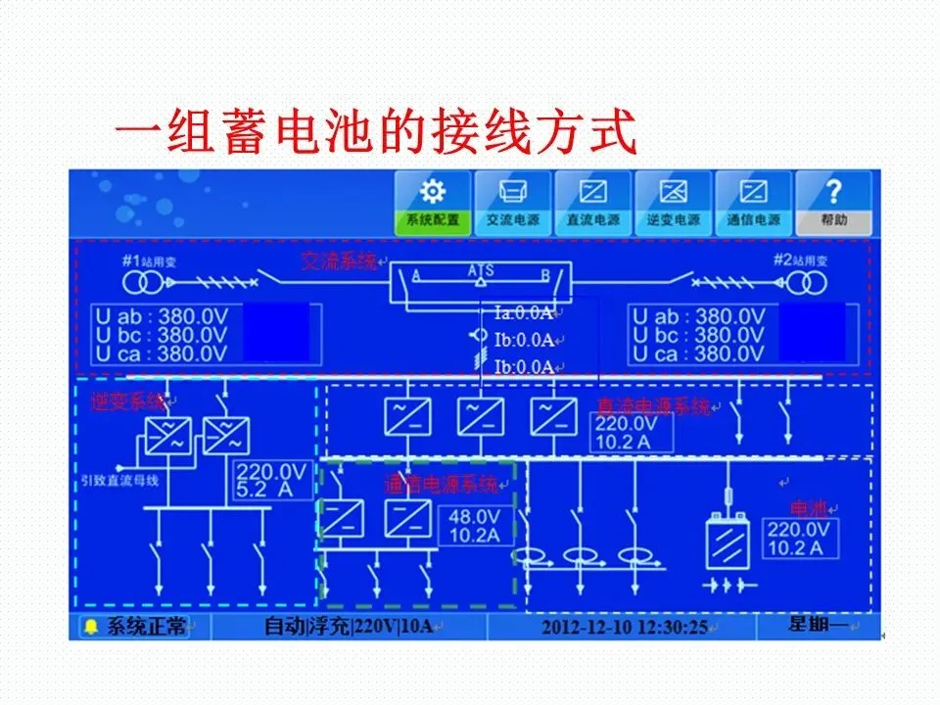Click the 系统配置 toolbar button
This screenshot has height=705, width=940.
(432, 204)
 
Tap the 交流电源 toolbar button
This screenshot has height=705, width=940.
(512, 204)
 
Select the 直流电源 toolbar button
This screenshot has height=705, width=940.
(592, 204)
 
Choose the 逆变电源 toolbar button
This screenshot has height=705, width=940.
(673, 204)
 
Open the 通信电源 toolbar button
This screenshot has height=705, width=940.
(753, 204)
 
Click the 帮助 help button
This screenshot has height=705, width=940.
(833, 204)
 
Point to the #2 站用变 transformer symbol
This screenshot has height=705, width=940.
(808, 284)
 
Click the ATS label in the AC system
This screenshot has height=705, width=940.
(481, 269)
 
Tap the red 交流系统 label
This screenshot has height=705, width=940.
(339, 260)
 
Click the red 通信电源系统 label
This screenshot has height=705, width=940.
(441, 483)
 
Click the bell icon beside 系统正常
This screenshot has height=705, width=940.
(91, 627)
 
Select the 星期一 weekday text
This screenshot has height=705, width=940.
(819, 625)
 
